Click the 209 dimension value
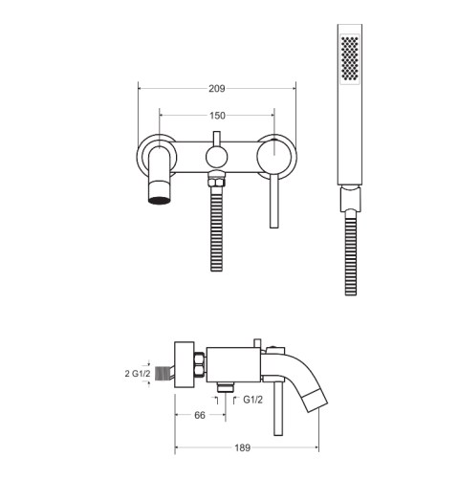pos(217,88)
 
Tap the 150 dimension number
pos(217,116)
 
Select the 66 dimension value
pos(200,415)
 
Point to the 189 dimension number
pos(243,447)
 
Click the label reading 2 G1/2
pos(138,373)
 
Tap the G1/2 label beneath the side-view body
pos(253,400)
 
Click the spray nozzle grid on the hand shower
pos(350,58)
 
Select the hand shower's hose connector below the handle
pos(350,199)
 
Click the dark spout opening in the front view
pos(159,201)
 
